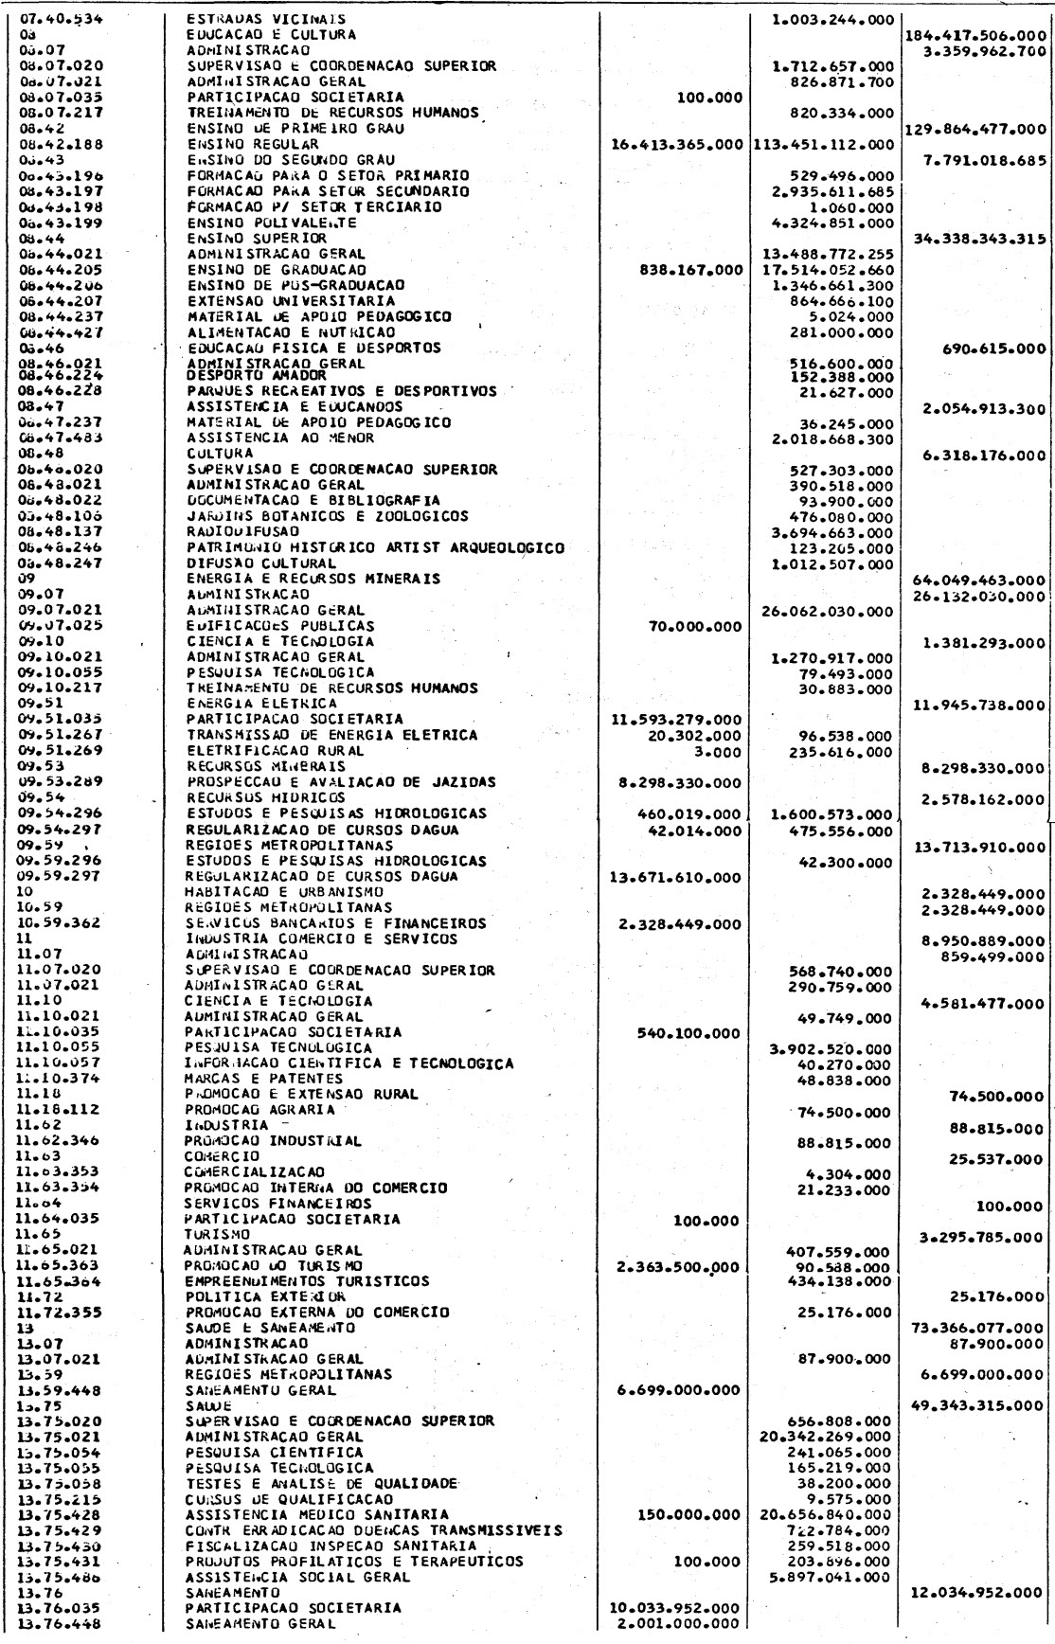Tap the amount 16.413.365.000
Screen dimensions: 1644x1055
pyautogui.click(x=677, y=144)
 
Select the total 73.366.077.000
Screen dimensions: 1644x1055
pyautogui.click(x=976, y=1328)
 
